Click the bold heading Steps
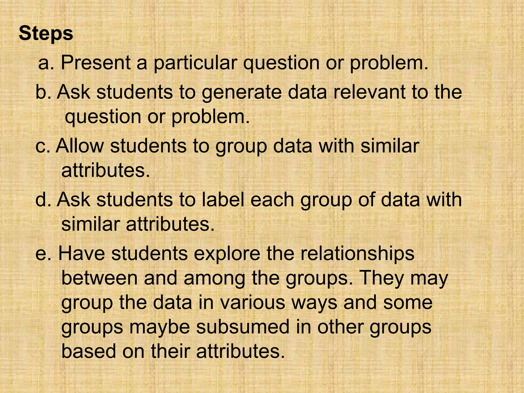pyautogui.click(x=46, y=34)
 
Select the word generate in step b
pyautogui.click(x=241, y=93)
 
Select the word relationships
pyautogui.click(x=357, y=254)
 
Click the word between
pyautogui.click(x=100, y=278)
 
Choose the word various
pyautogui.click(x=252, y=302)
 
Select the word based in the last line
pyautogui.click(x=89, y=351)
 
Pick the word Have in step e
pyautogui.click(x=82, y=254)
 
